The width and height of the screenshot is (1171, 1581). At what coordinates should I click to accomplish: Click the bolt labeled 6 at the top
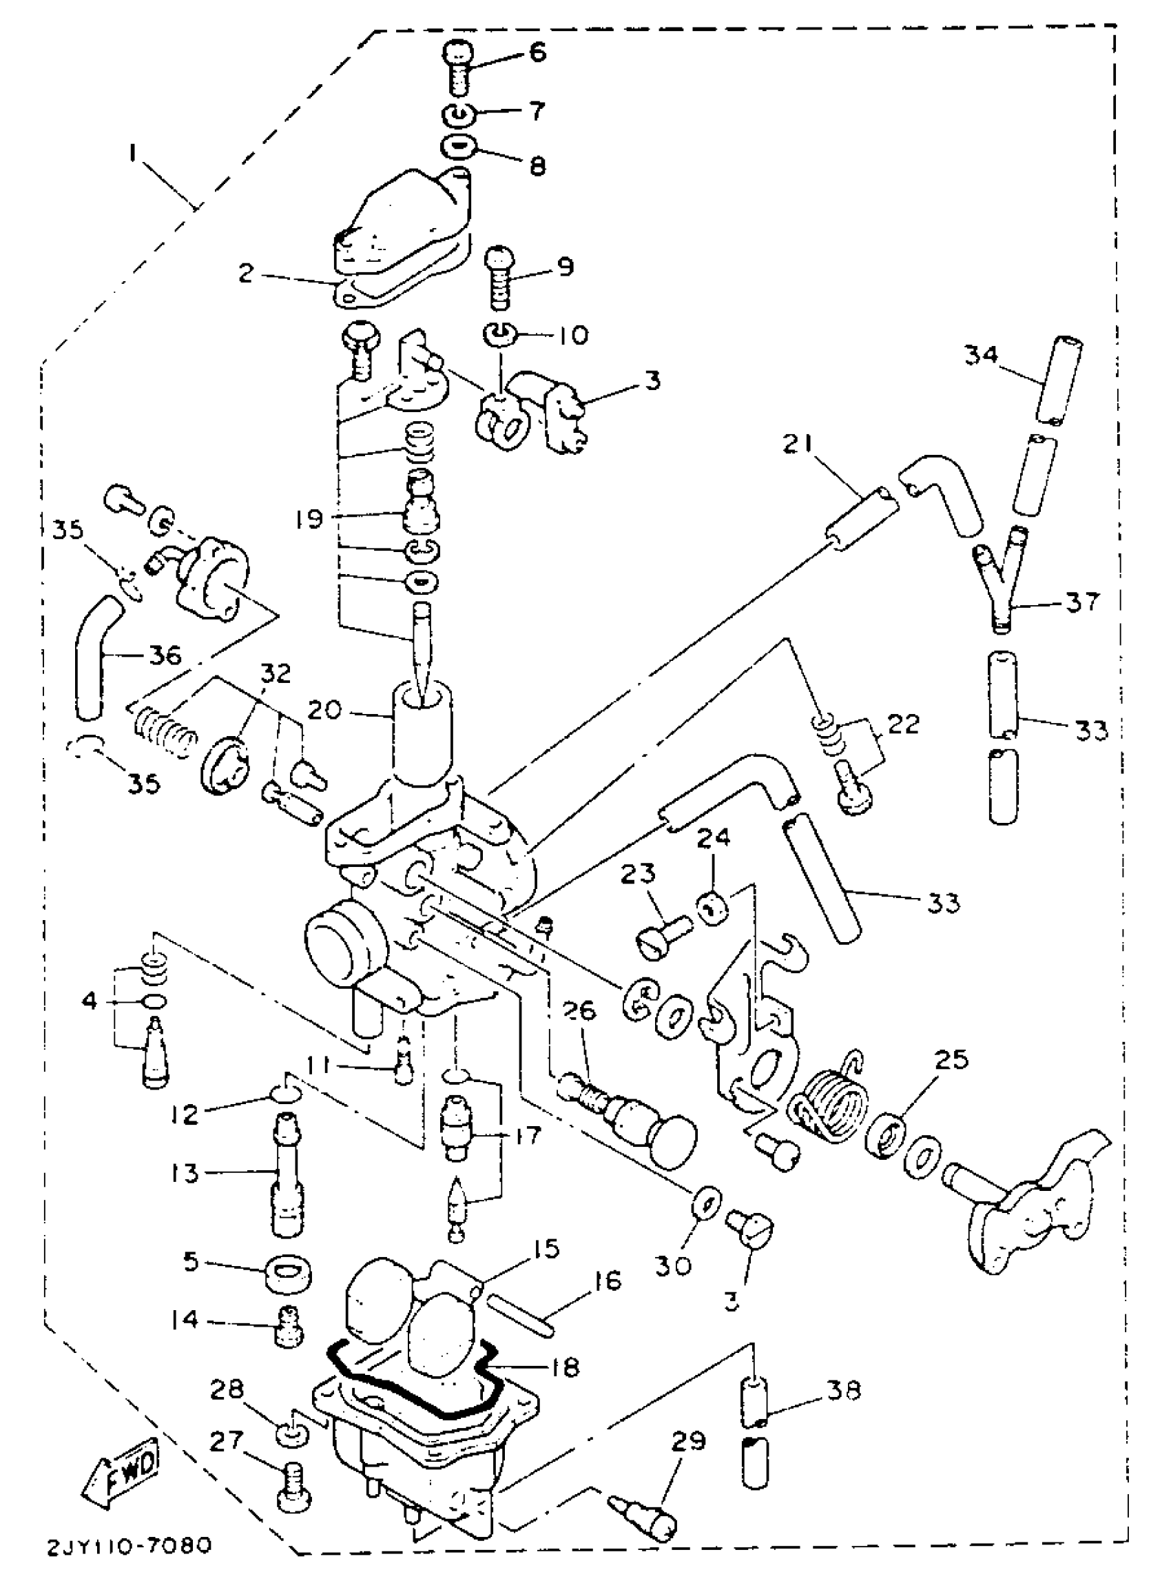click(459, 68)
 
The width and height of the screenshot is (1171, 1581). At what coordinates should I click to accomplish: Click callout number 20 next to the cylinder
click(324, 709)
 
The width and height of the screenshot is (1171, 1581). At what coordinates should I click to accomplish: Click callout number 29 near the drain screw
click(687, 1442)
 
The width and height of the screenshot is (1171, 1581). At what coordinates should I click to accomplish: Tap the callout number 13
click(185, 1173)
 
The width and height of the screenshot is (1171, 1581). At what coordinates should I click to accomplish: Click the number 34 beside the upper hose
click(981, 355)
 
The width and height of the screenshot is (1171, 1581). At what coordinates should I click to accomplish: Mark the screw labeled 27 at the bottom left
click(291, 1489)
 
